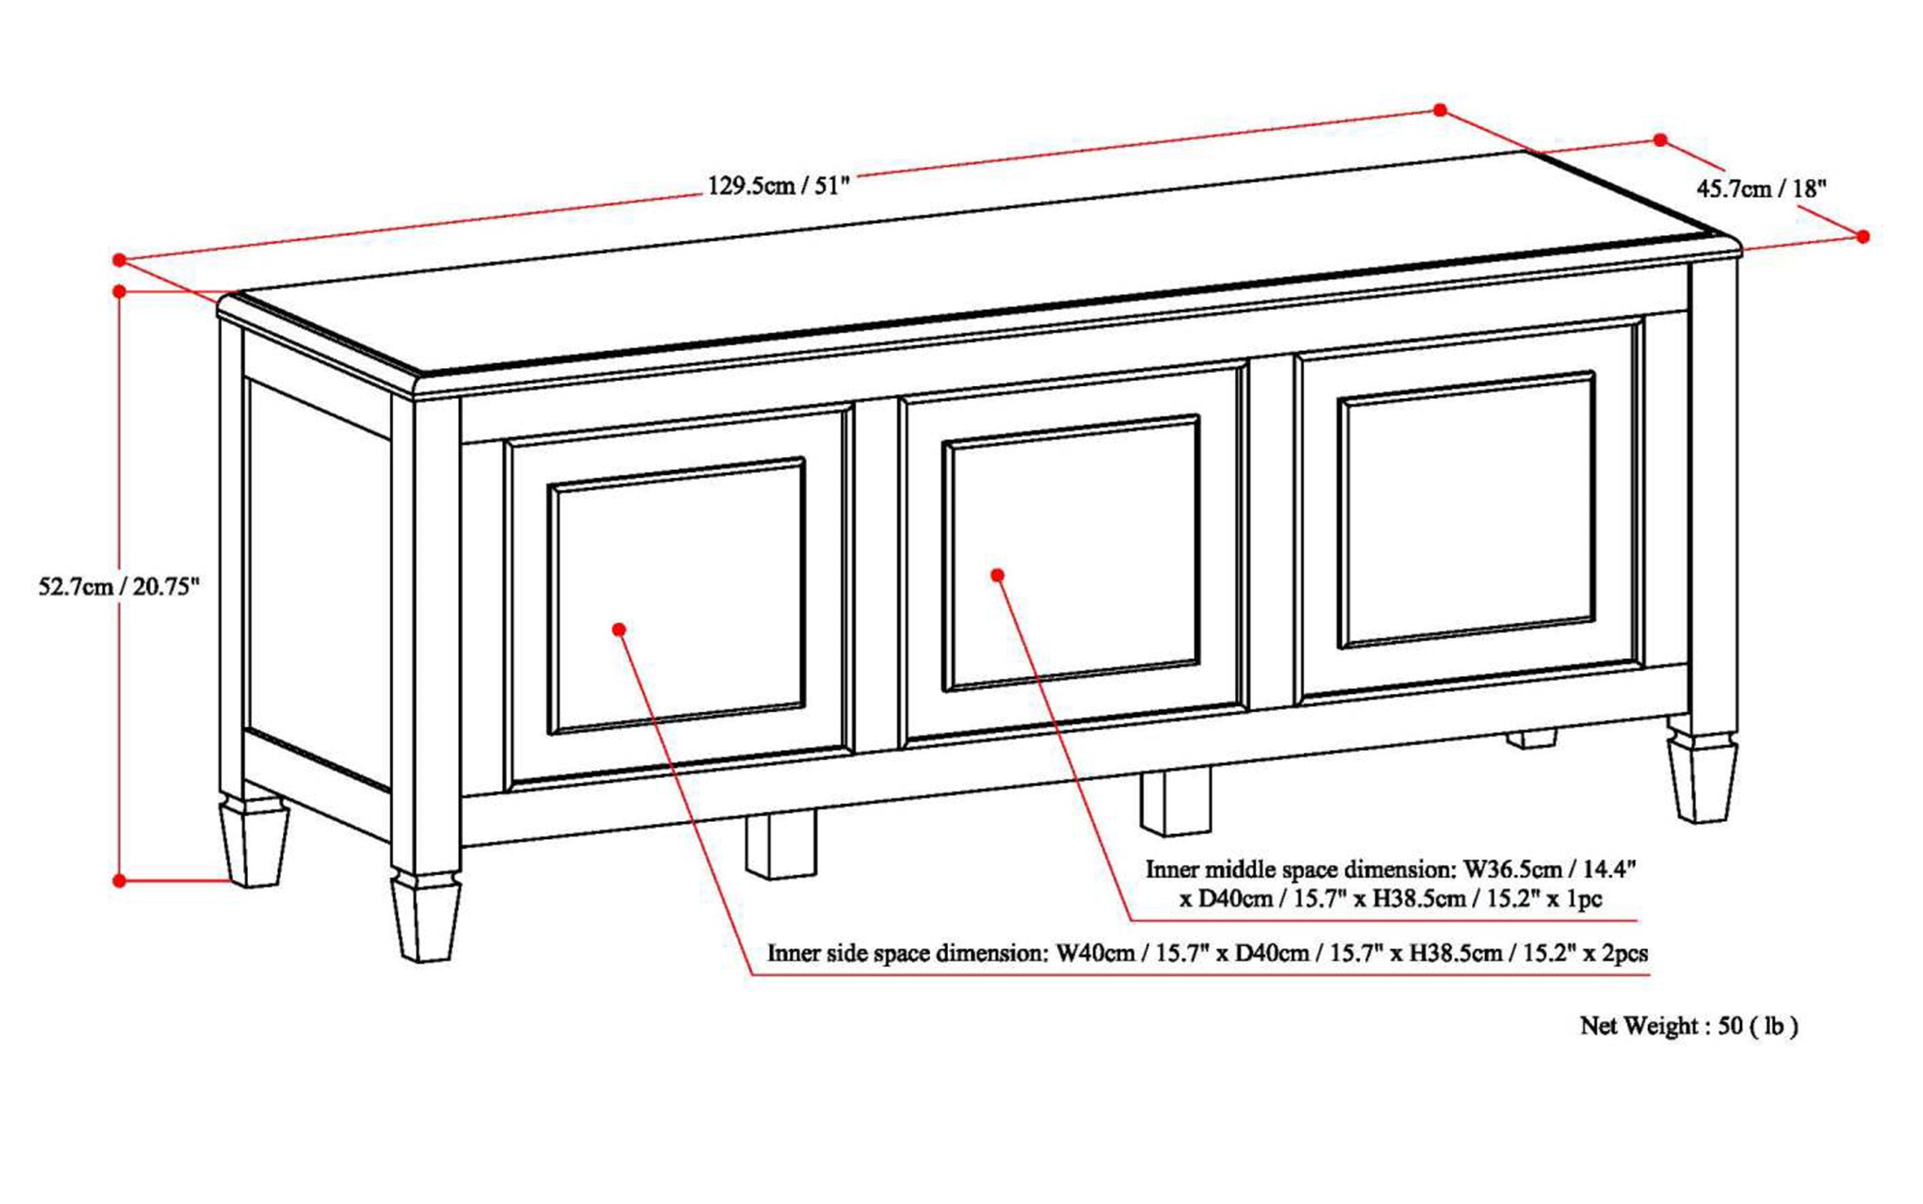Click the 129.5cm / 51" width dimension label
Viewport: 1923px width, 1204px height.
(x=779, y=187)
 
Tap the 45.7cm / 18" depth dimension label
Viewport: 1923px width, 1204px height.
(x=1761, y=190)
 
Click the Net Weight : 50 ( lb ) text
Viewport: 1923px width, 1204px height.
(x=1689, y=1026)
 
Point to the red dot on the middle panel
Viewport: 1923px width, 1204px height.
(x=997, y=574)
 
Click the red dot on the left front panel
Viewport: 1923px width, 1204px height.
(x=619, y=629)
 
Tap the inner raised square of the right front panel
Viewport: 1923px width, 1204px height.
(x=1467, y=510)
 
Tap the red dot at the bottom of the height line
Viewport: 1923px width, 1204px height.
(x=120, y=881)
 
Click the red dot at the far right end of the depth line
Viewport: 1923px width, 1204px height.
(x=1862, y=237)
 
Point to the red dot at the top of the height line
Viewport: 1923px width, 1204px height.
(x=120, y=291)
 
